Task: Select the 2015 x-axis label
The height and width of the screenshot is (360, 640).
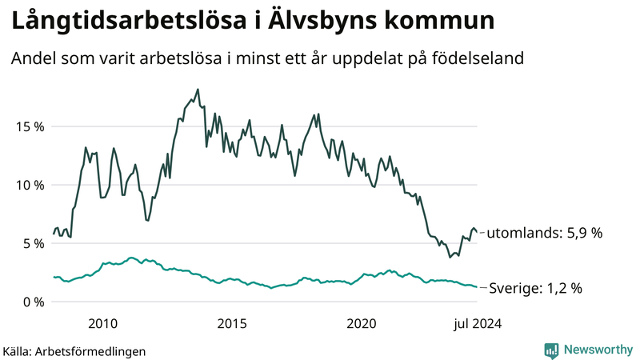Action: pos(233,323)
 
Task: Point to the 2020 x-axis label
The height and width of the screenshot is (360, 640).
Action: pos(362,323)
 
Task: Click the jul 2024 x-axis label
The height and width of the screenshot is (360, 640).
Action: pos(478,323)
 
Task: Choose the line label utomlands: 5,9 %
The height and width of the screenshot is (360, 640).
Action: pos(544,234)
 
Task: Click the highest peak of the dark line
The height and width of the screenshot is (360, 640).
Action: pos(198,90)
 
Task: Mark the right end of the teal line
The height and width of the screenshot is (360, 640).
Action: pos(477,287)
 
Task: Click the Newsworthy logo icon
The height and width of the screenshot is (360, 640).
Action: pos(551,350)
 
